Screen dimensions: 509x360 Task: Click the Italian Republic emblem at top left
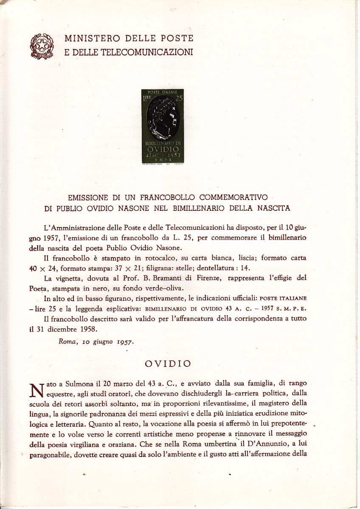pyautogui.click(x=41, y=45)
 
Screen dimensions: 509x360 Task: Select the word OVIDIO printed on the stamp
pyautogui.click(x=163, y=151)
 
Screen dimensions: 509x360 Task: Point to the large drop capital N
pyautogui.click(x=37, y=389)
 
